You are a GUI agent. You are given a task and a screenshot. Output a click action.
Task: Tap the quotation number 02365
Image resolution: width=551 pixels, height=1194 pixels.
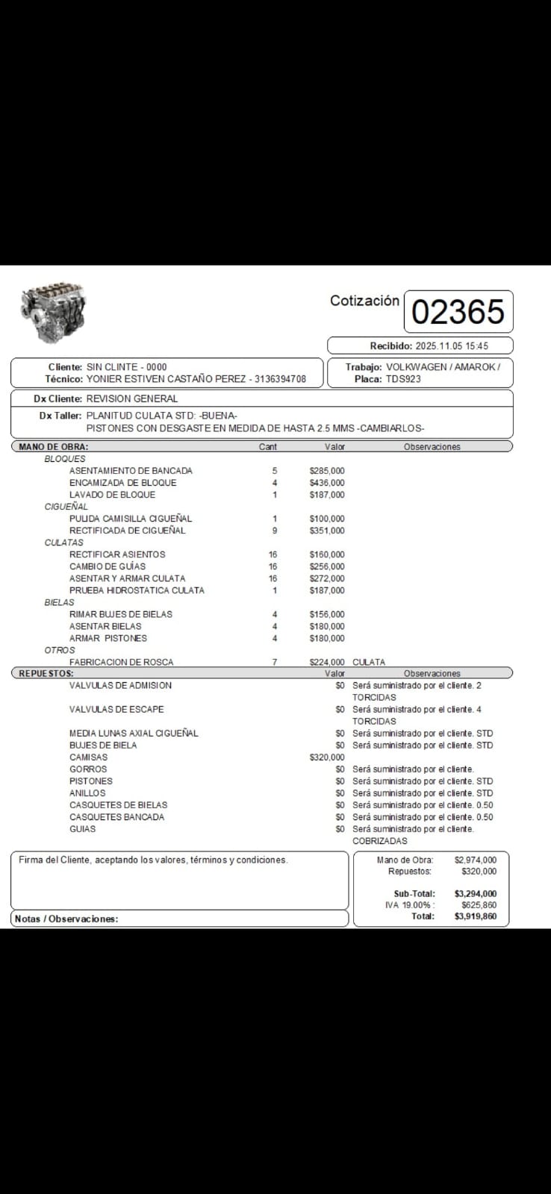[x=458, y=312]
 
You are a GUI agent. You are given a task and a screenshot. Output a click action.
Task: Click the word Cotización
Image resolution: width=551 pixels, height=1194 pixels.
[x=364, y=301]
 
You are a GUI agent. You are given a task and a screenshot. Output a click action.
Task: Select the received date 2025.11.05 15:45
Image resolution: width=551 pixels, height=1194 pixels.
[x=451, y=346]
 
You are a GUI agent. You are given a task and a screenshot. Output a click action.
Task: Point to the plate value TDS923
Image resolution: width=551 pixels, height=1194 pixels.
[x=403, y=379]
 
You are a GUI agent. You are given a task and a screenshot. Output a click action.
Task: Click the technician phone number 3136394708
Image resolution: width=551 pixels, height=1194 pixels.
[x=280, y=379]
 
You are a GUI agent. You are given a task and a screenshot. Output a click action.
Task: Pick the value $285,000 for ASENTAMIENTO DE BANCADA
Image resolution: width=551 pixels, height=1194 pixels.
[x=327, y=471]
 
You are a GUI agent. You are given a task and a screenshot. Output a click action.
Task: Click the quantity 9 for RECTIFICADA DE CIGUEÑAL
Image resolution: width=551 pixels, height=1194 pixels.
[x=275, y=531]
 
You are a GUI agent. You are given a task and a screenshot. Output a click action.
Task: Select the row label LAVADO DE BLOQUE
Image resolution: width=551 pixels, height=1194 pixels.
[x=112, y=495]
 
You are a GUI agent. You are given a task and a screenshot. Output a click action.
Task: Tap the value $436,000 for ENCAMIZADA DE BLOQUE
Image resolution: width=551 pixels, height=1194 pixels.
[x=327, y=483]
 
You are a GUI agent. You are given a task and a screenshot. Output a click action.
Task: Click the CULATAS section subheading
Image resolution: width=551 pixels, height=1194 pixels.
[x=63, y=543]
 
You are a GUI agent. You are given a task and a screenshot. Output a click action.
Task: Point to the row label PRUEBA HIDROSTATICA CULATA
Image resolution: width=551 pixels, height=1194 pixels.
[x=137, y=590]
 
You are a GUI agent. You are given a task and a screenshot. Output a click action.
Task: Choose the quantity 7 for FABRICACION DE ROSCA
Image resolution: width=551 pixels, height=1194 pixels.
[x=275, y=662]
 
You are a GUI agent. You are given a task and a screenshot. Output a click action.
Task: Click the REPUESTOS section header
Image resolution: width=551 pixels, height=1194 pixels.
[x=46, y=673]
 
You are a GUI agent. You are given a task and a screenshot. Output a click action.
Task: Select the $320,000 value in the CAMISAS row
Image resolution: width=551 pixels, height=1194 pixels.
[x=327, y=757]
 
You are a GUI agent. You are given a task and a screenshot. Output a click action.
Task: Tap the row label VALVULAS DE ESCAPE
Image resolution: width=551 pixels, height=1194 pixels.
[x=116, y=710]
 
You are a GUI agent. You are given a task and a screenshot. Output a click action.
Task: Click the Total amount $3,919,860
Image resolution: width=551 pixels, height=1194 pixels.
[x=475, y=916]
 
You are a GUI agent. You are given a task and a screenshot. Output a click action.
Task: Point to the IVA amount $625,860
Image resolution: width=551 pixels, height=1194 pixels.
[x=479, y=905]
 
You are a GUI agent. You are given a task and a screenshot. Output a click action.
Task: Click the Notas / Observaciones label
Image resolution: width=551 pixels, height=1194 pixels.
[x=66, y=919]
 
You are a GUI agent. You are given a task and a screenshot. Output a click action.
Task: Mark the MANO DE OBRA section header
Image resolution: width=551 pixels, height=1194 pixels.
[x=53, y=447]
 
